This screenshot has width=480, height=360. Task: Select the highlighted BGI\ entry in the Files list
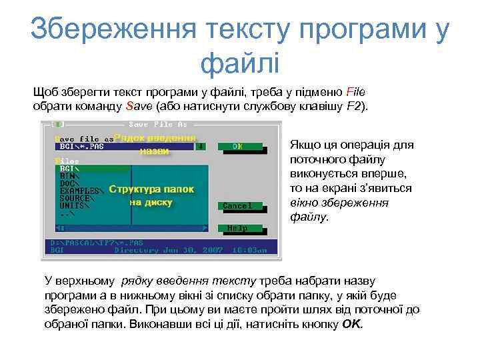69,169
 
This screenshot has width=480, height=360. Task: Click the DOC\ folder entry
69,183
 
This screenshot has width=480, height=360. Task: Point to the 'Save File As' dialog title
158,125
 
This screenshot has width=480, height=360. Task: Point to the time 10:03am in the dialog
249,251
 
